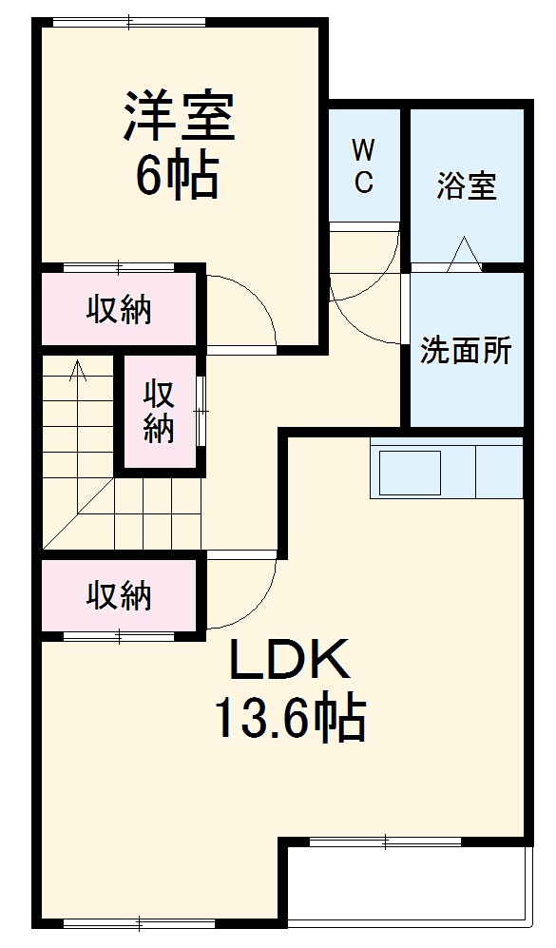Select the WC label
tap(363, 165)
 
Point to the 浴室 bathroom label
tap(467, 186)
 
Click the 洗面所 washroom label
tap(467, 351)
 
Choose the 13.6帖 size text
tap(289, 719)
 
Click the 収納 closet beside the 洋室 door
tap(120, 310)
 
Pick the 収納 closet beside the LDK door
tap(120, 595)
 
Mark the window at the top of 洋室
tap(128, 21)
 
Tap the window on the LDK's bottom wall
tap(139, 921)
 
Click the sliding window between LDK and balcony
tap(386, 841)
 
